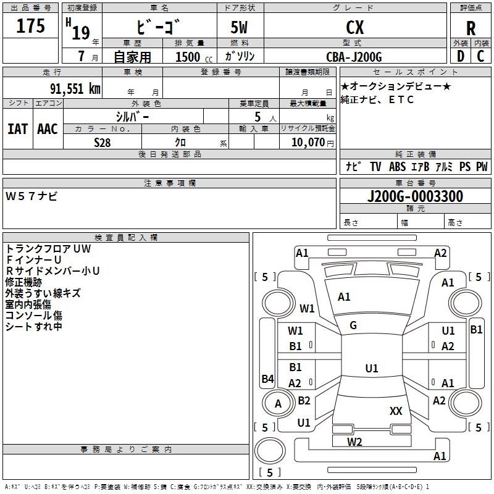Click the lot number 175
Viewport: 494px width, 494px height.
coord(30,27)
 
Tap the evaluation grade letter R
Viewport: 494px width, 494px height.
coord(471,28)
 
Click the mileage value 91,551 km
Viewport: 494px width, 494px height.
coord(75,88)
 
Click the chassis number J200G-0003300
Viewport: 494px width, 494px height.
coord(414,196)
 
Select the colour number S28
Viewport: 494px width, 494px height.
coord(103,142)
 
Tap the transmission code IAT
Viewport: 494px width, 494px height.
coord(17,128)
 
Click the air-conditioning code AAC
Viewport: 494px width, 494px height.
coord(47,128)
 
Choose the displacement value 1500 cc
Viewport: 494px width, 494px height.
coord(191,57)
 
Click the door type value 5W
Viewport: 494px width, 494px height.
coord(240,28)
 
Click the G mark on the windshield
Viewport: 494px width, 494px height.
coord(353,325)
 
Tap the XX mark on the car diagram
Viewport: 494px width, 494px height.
coord(396,411)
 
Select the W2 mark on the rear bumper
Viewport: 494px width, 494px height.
coord(354,442)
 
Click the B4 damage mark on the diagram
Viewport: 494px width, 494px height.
coord(267,379)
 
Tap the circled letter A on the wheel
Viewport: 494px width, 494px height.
coord(278,404)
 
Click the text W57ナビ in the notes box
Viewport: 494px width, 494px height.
coord(31,196)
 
